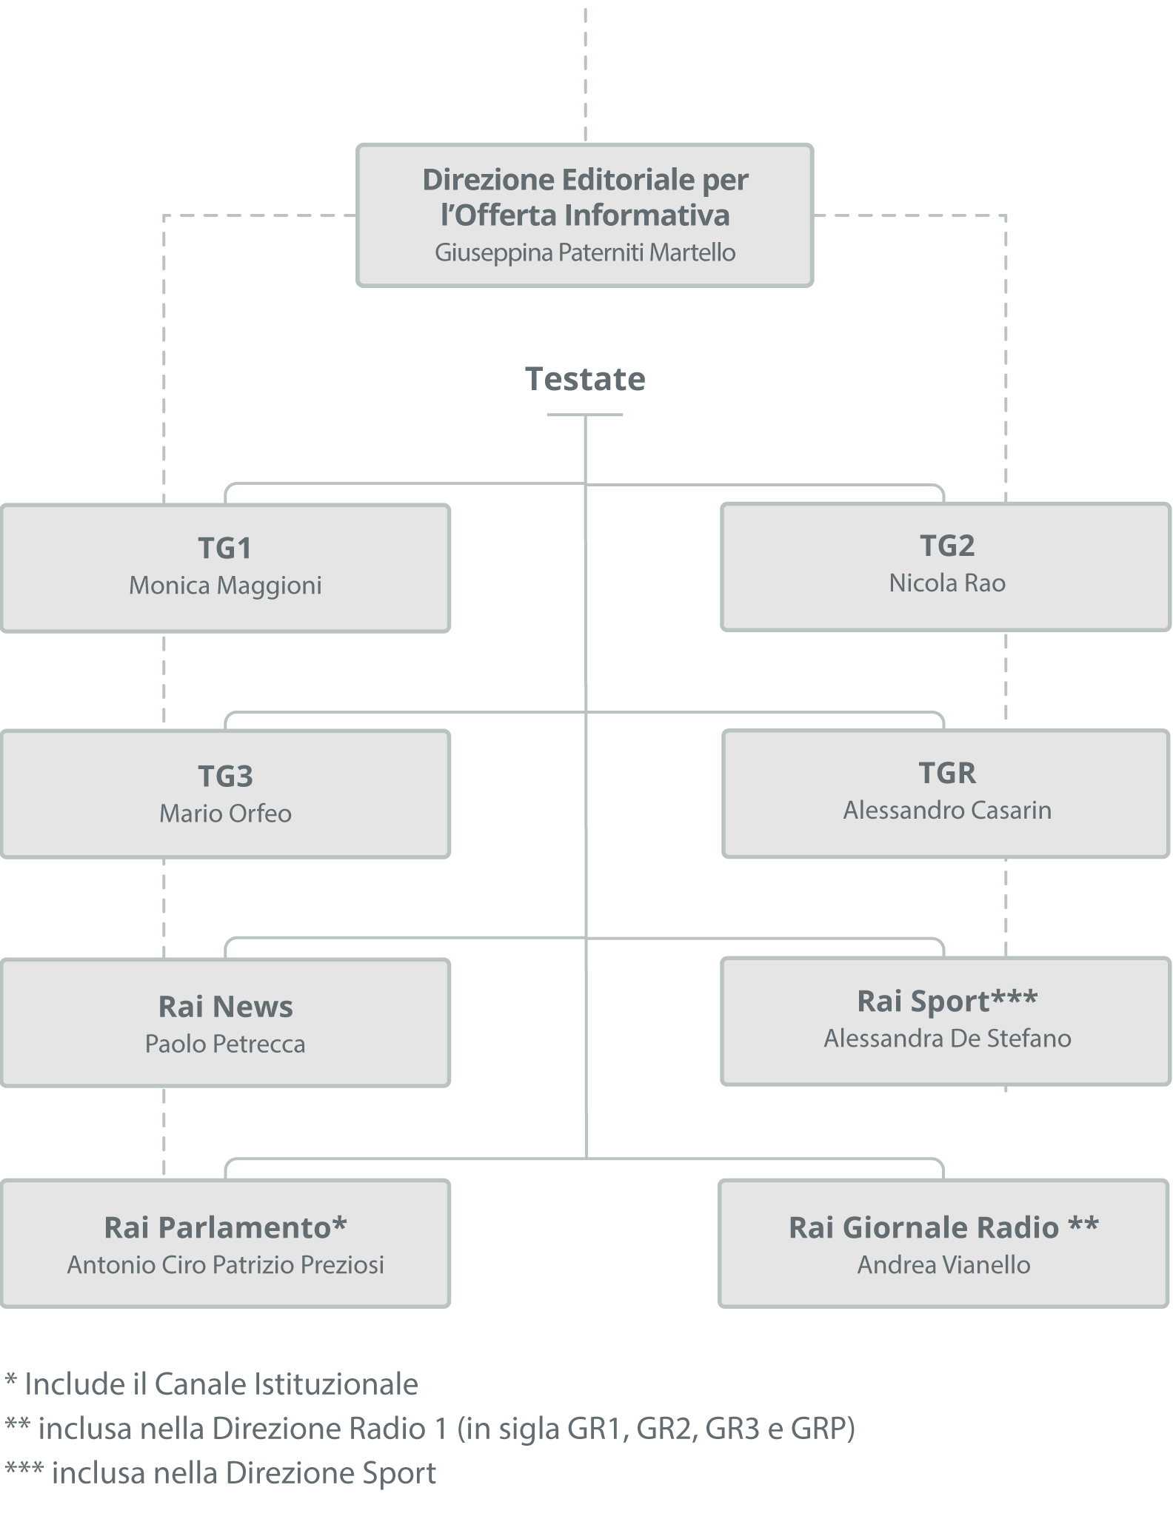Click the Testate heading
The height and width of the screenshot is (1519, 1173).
point(585,379)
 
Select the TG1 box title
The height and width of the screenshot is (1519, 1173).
point(225,549)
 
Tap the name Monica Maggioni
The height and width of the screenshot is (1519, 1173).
point(225,586)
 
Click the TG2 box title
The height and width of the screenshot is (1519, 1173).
point(946,546)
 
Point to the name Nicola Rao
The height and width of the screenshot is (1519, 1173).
point(946,583)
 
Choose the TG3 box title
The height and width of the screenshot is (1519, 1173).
point(225,777)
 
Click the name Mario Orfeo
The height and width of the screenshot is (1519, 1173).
point(225,814)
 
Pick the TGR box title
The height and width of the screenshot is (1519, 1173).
point(946,773)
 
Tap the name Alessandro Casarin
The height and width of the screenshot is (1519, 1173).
point(946,811)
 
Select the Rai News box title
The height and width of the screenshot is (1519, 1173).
point(225,1007)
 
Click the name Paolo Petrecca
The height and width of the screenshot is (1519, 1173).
point(225,1044)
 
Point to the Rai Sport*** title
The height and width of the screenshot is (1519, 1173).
point(946,1001)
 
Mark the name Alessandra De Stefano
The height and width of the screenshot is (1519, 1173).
point(946,1039)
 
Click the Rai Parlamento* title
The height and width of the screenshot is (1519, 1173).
point(225,1227)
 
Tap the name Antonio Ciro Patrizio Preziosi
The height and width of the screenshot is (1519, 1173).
point(225,1264)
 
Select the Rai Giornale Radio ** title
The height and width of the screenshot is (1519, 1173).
point(943,1227)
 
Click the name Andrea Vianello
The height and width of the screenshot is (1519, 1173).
point(943,1264)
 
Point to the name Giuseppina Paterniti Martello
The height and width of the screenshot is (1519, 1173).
point(585,253)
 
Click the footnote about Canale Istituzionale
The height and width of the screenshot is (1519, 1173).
point(212,1384)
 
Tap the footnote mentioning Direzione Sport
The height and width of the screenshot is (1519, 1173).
point(221,1472)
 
